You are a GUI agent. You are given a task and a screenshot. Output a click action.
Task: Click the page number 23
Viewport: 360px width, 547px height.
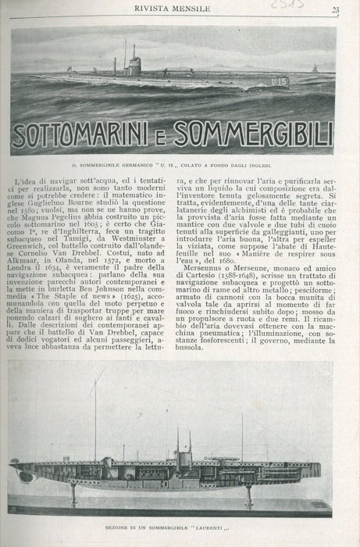click(x=335, y=9)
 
